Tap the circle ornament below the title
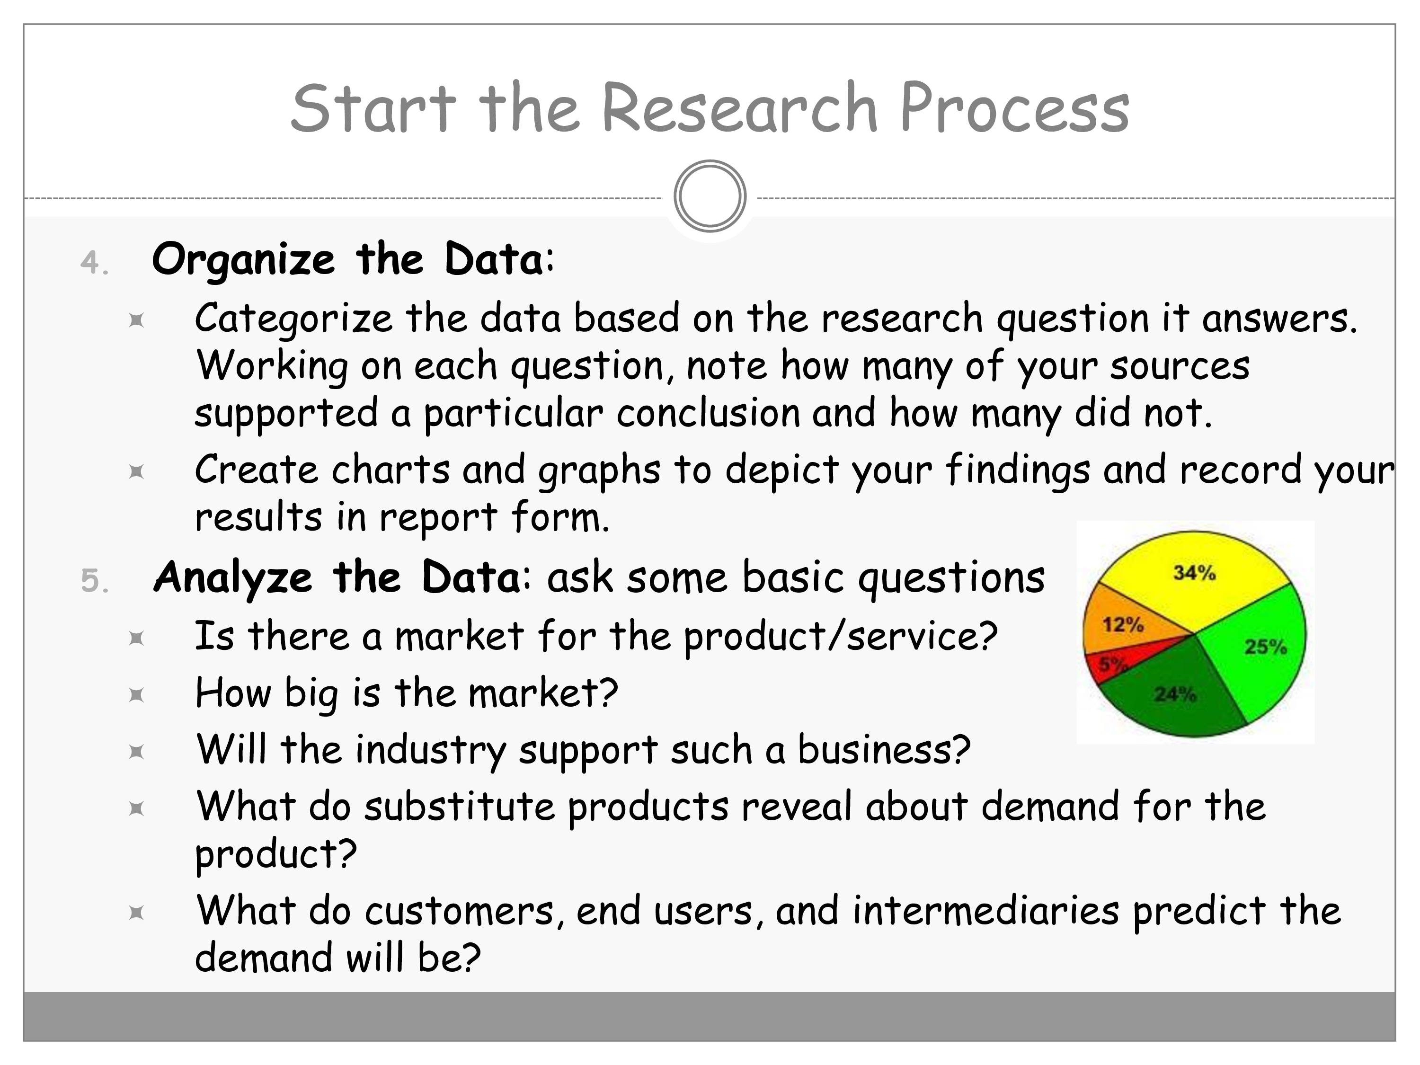tap(710, 196)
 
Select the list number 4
tap(94, 263)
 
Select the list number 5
tap(94, 580)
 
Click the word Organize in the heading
tap(243, 260)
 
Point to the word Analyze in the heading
tap(233, 578)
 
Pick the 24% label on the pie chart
tap(1175, 694)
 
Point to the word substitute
tap(460, 807)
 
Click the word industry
tap(431, 750)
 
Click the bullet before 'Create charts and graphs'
tap(136, 472)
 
